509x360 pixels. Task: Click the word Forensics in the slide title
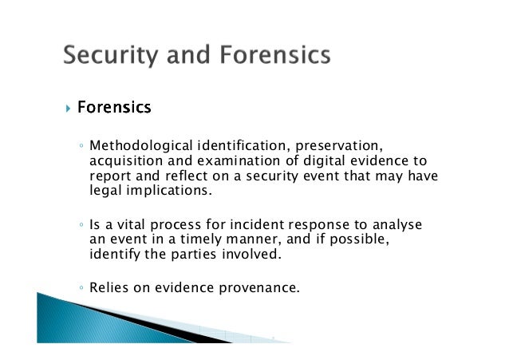click(x=274, y=56)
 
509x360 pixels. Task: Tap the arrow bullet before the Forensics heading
click(x=69, y=106)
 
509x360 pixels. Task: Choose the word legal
click(x=105, y=192)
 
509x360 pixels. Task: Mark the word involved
click(x=256, y=255)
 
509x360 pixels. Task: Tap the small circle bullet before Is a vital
click(x=82, y=227)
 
